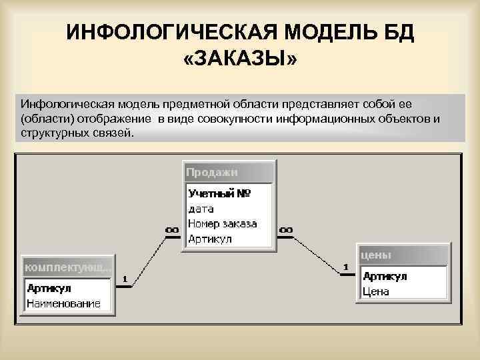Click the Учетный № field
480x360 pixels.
(219, 194)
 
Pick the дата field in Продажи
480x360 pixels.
(201, 209)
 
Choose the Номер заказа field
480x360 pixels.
(222, 223)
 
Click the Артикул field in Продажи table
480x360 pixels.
(210, 238)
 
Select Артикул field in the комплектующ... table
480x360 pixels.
(49, 289)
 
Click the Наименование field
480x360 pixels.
(63, 303)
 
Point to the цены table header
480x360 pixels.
(376, 255)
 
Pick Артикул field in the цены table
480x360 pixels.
(385, 277)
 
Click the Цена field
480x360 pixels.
(376, 291)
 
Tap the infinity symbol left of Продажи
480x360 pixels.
(172, 230)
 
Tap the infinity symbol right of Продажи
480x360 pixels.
(285, 230)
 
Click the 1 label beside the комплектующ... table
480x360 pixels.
(125, 278)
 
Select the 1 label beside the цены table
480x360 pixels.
(346, 267)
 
